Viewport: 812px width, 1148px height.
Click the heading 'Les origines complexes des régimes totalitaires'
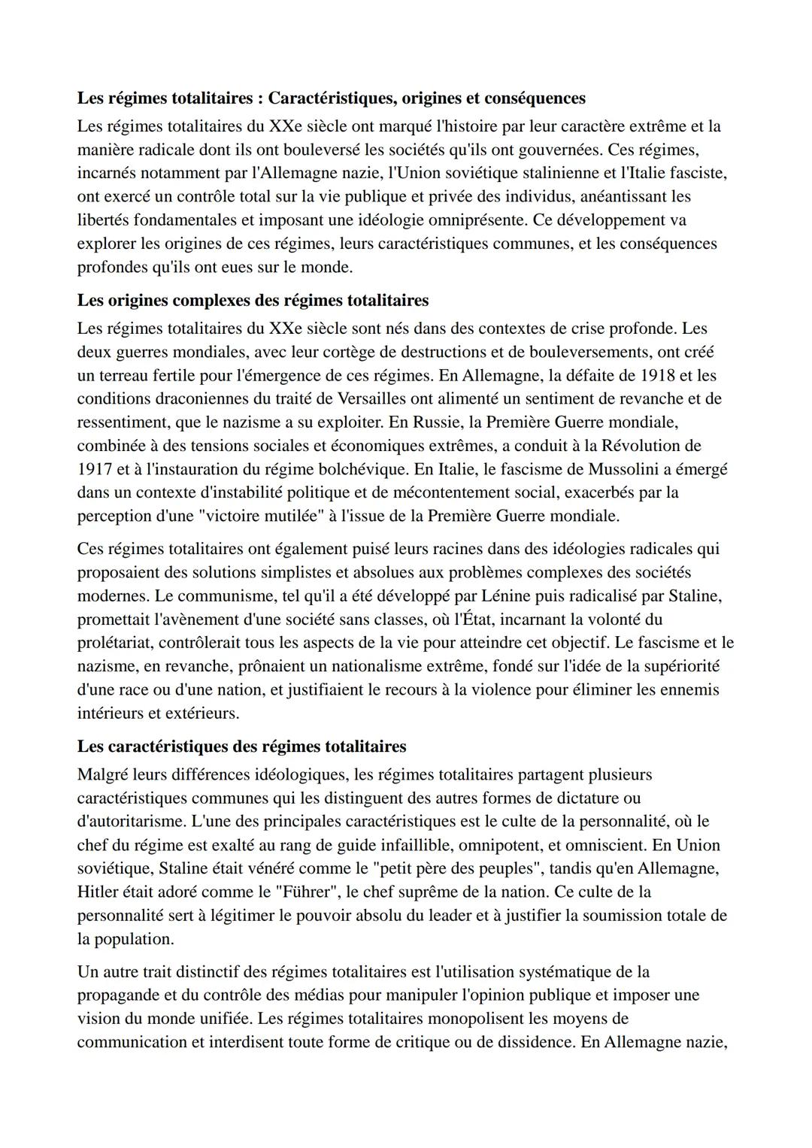[253, 301]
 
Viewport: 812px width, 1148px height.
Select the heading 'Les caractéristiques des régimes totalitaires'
[241, 747]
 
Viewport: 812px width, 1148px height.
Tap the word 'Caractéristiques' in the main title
[331, 98]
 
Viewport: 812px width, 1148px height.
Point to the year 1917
[94, 469]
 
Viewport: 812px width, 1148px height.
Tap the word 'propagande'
[117, 995]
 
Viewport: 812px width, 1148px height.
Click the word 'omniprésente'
[477, 220]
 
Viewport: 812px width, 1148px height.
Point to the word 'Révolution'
[642, 446]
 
